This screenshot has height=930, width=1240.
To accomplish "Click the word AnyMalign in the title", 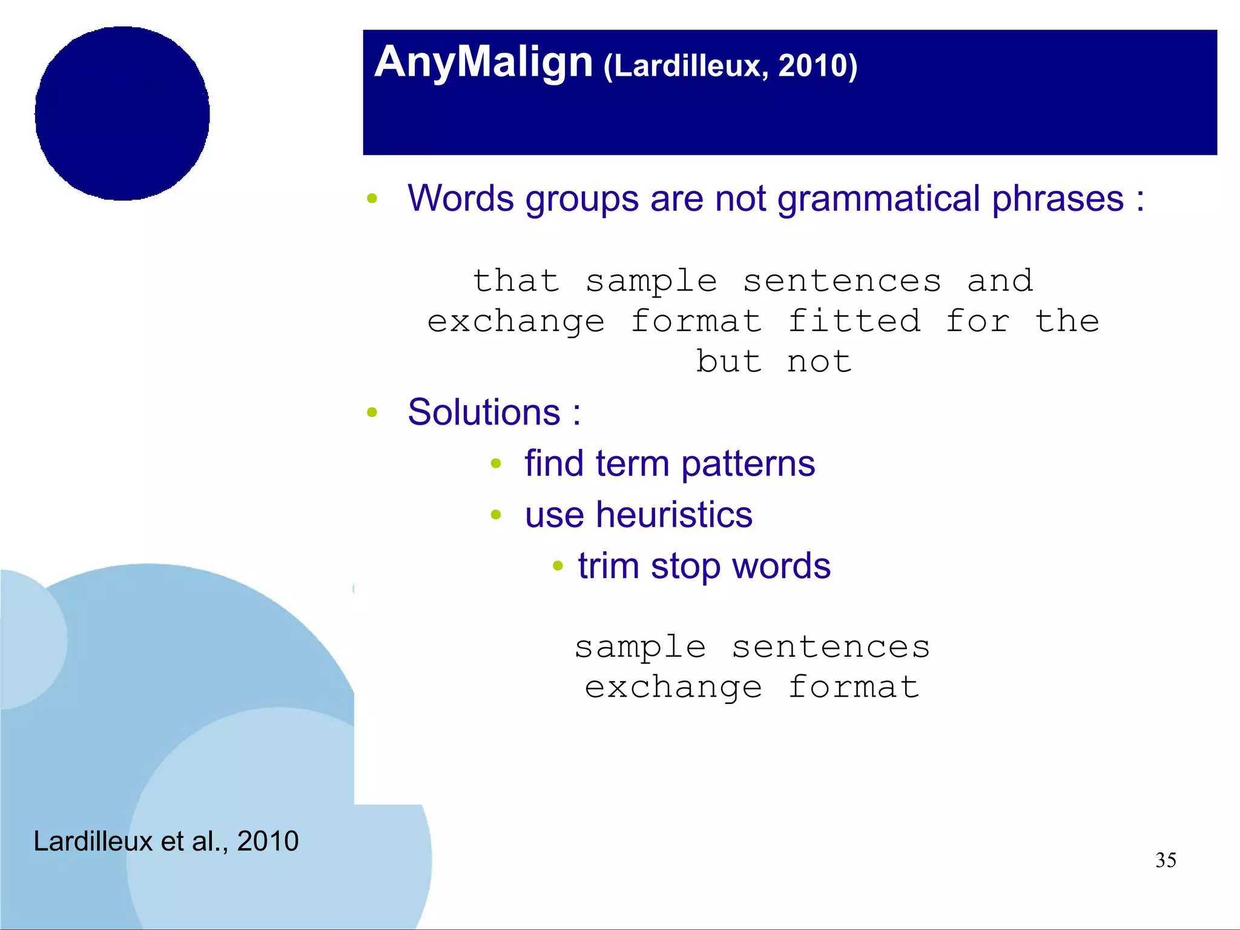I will point(483,62).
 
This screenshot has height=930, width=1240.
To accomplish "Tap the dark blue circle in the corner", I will point(122,113).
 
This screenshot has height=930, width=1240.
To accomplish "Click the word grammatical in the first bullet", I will point(879,199).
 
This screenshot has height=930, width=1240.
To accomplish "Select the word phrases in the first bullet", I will point(1057,199).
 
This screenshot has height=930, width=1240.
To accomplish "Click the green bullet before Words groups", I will point(372,199).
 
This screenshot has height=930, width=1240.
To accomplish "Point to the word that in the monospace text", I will point(516,281).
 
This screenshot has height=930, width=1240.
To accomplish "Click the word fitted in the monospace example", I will point(854,321).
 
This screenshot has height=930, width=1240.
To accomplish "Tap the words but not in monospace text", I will point(774,362).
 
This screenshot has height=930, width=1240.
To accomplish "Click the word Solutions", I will point(484,413).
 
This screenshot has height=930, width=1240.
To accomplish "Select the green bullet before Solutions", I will point(372,413).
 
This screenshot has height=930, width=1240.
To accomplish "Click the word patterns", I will point(748,464).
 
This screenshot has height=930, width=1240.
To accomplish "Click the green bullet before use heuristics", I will point(496,516).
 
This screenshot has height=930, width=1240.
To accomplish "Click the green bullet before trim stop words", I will point(558,567).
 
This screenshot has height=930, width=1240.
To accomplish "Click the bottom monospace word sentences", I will point(831,647).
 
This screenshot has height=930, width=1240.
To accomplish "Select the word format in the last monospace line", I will point(854,687).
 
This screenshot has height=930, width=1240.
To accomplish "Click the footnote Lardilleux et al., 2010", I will point(166,841).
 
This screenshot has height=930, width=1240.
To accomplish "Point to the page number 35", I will point(1166,860).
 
